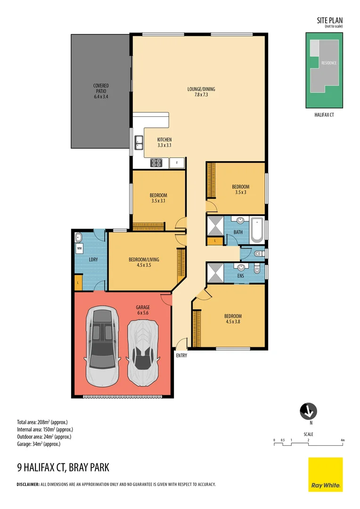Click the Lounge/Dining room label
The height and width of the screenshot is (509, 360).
(201, 91)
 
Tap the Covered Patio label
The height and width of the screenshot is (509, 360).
(101, 91)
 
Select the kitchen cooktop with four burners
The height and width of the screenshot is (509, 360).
(156, 163)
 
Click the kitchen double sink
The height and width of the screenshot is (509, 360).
(139, 141)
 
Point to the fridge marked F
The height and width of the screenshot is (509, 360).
(177, 163)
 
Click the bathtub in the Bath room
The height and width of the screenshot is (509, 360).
(258, 230)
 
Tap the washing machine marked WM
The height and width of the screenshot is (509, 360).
(79, 247)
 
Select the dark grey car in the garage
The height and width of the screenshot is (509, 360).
(101, 346)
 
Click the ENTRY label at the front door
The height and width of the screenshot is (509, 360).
(181, 356)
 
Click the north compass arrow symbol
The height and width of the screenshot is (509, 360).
(308, 411)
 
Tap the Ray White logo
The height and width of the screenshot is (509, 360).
(326, 474)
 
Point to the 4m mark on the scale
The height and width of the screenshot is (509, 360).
(343, 440)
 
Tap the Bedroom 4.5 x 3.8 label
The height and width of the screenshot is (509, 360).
(233, 319)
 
